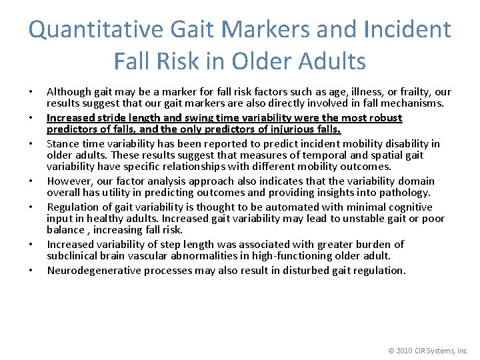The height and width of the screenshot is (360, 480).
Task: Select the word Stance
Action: click(62, 143)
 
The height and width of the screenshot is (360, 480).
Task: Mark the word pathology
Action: click(405, 193)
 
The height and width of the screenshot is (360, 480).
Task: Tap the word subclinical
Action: click(73, 256)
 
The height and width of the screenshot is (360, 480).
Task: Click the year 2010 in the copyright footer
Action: click(403, 350)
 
